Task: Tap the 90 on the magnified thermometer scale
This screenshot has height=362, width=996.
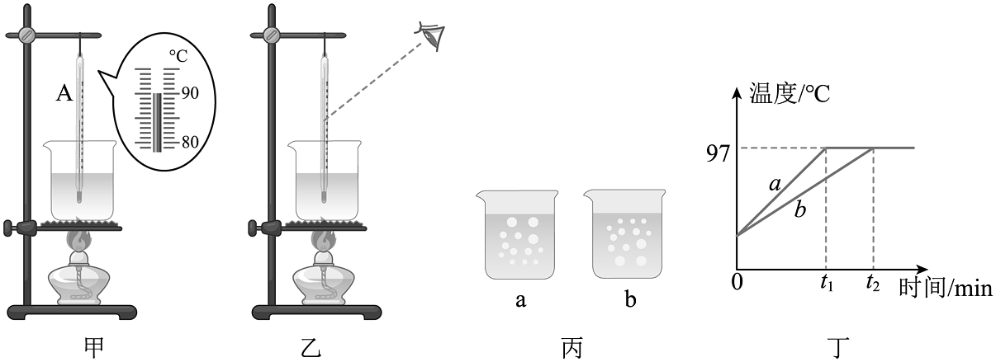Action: pyautogui.click(x=190, y=93)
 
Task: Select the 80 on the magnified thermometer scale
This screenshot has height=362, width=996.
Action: pyautogui.click(x=190, y=141)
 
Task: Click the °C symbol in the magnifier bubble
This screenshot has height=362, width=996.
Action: pyautogui.click(x=180, y=56)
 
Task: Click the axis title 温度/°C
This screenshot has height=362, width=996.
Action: pyautogui.click(x=789, y=92)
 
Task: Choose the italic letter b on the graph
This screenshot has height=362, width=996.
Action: pyautogui.click(x=799, y=210)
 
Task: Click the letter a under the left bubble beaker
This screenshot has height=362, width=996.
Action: pyautogui.click(x=520, y=300)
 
